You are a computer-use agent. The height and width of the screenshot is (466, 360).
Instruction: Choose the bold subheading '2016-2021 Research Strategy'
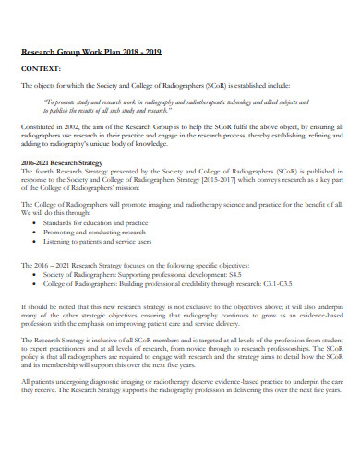[x=63, y=161]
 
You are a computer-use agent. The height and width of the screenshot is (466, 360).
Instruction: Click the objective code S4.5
[x=234, y=275]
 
